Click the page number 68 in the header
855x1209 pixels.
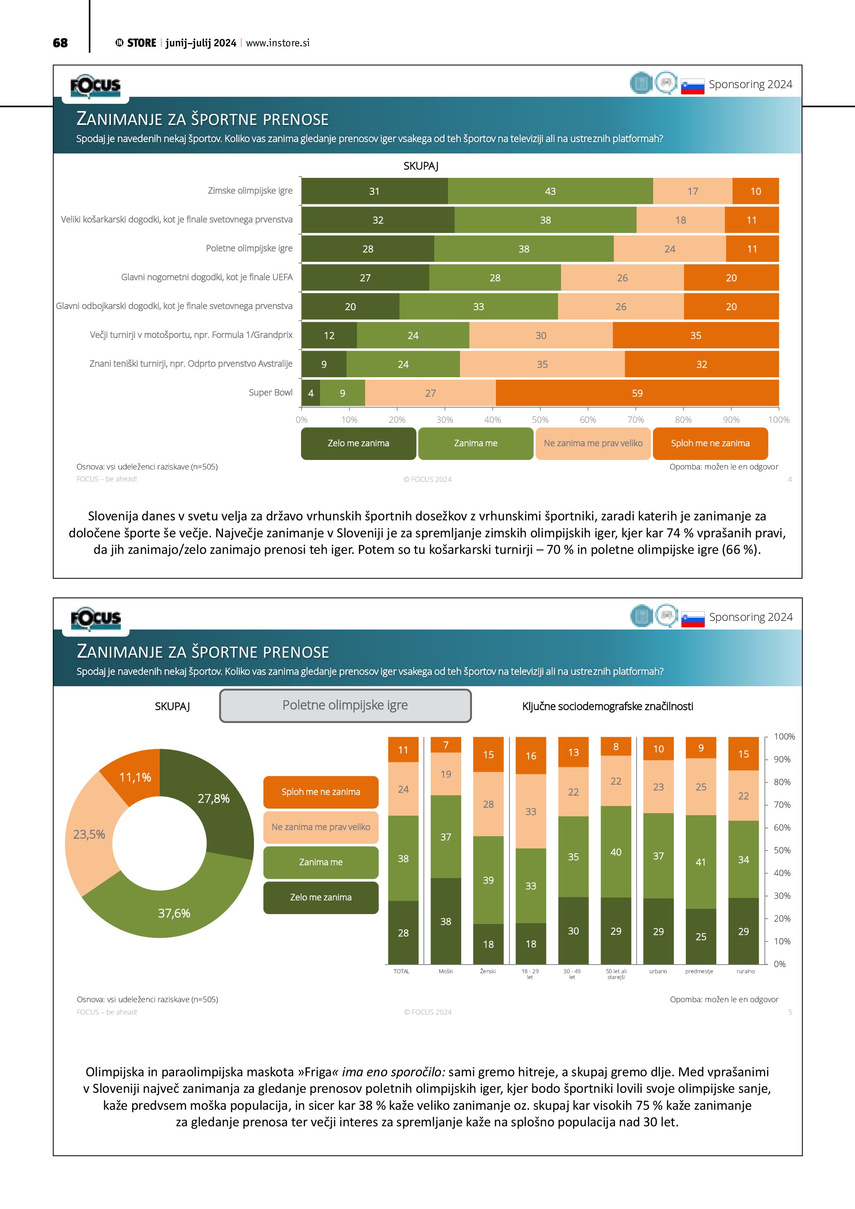(x=60, y=43)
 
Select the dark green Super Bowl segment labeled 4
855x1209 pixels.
(x=311, y=393)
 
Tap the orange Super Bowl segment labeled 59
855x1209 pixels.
(x=637, y=393)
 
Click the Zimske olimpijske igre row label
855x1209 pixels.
(x=250, y=191)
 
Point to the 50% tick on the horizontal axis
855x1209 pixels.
(x=540, y=420)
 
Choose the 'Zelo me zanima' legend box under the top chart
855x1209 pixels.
(x=359, y=443)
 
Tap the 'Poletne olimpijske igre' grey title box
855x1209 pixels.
(x=345, y=706)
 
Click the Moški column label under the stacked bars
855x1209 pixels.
(x=445, y=972)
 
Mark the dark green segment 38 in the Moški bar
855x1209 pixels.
(x=445, y=922)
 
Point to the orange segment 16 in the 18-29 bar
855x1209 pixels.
(x=531, y=756)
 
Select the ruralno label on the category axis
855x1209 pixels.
(x=745, y=972)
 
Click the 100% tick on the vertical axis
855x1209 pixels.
(x=784, y=737)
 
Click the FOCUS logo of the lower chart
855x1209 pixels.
(x=96, y=618)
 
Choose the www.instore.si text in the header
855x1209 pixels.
(x=278, y=43)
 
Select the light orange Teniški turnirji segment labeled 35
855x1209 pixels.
(x=542, y=364)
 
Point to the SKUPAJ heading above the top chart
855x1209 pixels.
(x=421, y=166)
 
